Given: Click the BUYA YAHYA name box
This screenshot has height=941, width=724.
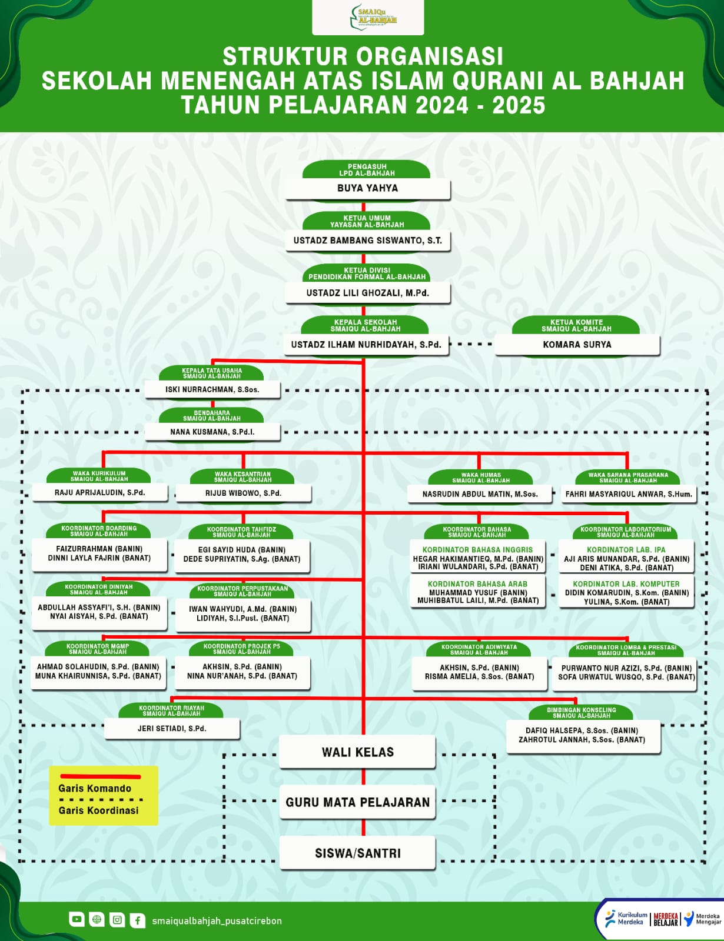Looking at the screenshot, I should [x=368, y=189].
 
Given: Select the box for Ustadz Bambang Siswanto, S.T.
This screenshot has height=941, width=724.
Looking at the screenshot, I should [x=368, y=241].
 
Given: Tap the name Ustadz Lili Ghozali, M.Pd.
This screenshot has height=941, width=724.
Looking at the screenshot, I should [x=368, y=293].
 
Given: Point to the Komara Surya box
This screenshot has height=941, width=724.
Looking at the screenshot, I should [x=577, y=345].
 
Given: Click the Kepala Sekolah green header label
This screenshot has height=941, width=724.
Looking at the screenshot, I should [x=365, y=325].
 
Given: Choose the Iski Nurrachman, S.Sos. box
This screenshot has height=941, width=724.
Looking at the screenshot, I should [x=212, y=389].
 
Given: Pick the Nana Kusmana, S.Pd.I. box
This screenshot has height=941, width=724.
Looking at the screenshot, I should [x=212, y=432].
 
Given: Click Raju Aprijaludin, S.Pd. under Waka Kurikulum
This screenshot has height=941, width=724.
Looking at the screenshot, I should [x=99, y=493].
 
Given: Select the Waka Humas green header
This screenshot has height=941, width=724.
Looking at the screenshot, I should [x=481, y=478].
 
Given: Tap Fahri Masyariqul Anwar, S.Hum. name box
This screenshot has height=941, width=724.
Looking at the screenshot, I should [x=628, y=494].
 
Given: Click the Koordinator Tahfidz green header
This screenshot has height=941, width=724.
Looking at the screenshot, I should [x=241, y=532].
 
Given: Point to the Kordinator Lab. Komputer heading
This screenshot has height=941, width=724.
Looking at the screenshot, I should [x=626, y=584].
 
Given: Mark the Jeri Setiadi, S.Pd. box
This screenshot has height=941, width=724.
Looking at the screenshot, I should [x=172, y=729].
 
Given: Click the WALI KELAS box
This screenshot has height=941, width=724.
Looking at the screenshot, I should [x=357, y=752].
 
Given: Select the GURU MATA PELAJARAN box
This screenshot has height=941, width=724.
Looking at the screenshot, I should [x=357, y=802].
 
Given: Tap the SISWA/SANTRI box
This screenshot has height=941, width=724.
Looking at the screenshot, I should [x=357, y=853].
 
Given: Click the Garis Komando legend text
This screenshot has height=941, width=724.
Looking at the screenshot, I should [x=95, y=789].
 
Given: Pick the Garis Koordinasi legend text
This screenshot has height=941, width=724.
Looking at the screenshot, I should [x=98, y=810].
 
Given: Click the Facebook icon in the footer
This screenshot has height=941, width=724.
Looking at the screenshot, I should [x=137, y=920].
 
